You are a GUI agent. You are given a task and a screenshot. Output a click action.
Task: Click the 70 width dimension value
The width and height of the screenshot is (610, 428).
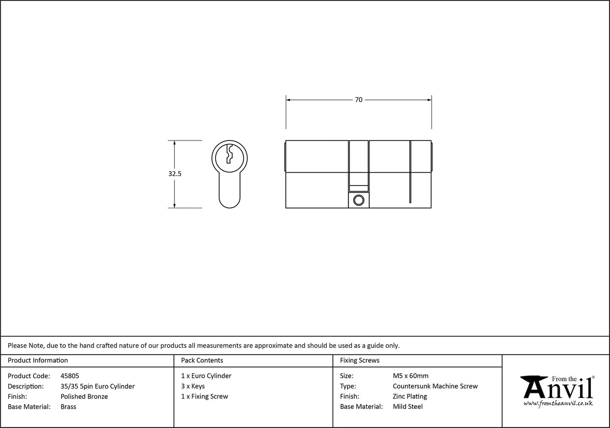[x=358, y=100]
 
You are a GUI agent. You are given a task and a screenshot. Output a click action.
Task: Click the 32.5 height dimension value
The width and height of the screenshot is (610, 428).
[x=175, y=174]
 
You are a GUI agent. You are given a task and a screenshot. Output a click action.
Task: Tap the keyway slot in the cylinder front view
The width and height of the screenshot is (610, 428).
[x=230, y=154]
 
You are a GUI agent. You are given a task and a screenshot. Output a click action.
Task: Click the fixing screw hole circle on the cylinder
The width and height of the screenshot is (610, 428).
[x=358, y=200]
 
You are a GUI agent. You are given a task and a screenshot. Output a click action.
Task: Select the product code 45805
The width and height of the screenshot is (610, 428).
[x=69, y=376]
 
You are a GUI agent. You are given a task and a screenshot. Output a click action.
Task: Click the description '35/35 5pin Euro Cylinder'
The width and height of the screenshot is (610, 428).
[x=97, y=386]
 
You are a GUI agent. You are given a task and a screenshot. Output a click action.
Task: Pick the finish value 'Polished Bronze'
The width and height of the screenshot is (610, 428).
[x=84, y=396]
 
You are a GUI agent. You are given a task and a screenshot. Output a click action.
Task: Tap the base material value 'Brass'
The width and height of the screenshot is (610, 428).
[x=68, y=407]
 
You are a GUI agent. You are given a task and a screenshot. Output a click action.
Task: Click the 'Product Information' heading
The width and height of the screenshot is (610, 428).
[x=38, y=360]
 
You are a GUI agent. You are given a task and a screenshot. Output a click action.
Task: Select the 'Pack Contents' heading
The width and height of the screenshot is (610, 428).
[x=202, y=360]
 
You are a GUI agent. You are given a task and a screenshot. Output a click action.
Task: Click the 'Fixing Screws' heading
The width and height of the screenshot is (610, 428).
[x=360, y=360]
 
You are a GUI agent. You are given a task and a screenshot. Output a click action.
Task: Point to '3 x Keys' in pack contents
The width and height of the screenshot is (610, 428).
[x=193, y=386]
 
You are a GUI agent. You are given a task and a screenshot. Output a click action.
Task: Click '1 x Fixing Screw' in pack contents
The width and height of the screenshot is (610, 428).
[x=205, y=396]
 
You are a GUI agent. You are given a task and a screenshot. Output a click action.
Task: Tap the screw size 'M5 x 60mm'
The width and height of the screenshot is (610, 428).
[x=411, y=376]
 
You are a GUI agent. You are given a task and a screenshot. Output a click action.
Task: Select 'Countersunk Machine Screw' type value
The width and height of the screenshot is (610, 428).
[x=435, y=386]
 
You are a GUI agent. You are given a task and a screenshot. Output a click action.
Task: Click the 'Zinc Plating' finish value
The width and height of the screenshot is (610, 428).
[x=410, y=396]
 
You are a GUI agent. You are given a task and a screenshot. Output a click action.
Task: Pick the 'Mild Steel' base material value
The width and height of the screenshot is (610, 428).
[x=408, y=407]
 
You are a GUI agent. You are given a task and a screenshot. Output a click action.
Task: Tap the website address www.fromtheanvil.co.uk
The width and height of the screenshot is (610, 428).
[x=558, y=403]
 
